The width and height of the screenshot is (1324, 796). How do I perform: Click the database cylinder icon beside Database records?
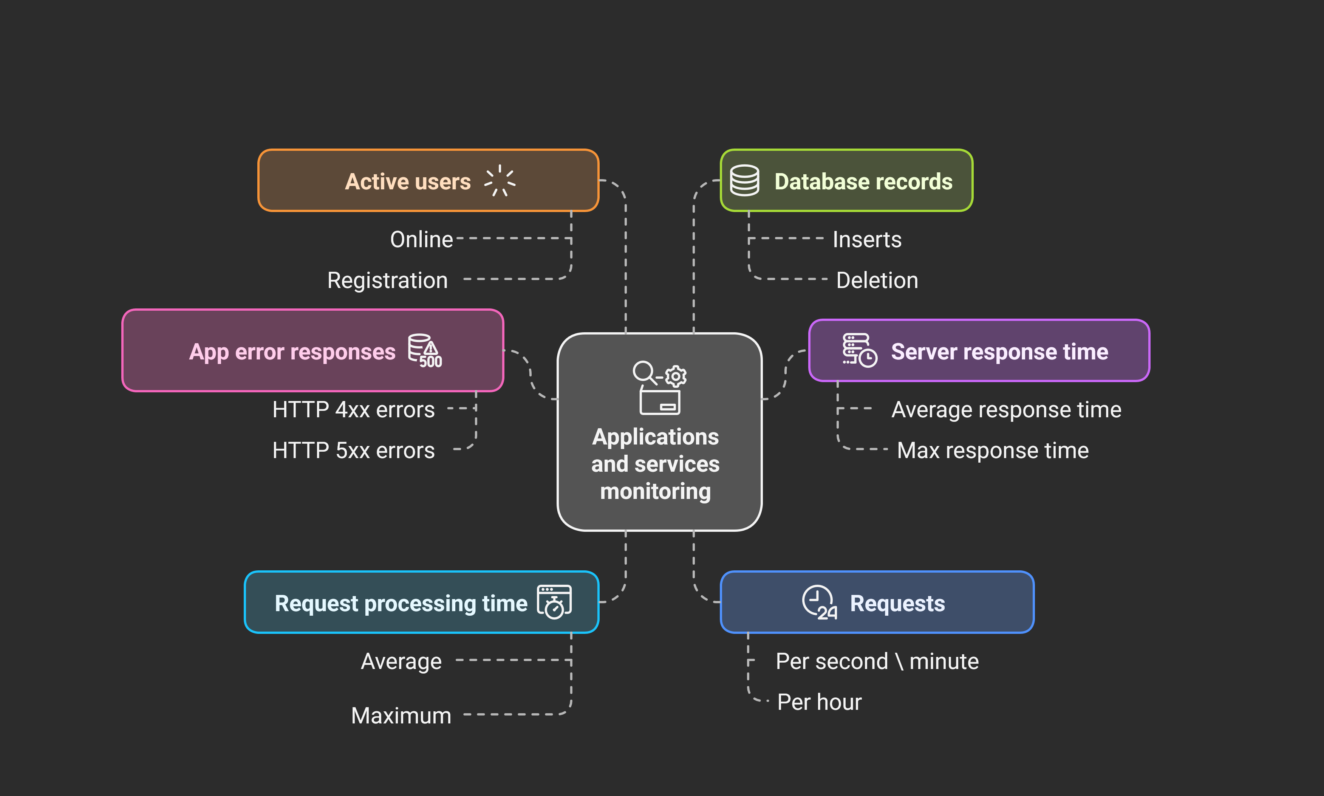point(744,180)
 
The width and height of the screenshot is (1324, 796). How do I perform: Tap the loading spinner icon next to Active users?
point(500,181)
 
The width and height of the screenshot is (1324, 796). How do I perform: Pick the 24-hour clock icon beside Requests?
point(819,602)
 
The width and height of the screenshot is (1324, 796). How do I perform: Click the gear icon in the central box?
point(676,376)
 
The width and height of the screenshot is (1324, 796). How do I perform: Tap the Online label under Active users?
point(421,239)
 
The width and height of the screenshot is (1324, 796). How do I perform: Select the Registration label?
point(387,280)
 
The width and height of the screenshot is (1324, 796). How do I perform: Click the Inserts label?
point(866,239)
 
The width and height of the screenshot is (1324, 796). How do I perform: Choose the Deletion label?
point(877,280)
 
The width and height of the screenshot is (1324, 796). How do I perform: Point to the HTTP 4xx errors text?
point(353,410)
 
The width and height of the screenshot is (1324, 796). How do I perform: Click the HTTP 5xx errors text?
point(353,451)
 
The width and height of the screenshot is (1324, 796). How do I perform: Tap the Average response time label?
point(1006,410)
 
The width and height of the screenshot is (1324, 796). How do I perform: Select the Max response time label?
point(993,451)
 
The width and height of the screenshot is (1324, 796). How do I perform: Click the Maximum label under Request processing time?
point(401,715)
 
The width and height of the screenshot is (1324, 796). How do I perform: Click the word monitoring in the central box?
point(655,491)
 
